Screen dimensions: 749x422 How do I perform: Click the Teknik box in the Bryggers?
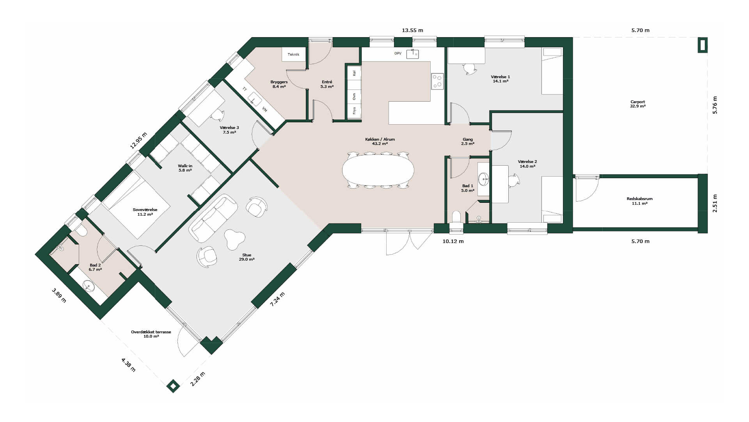pyautogui.click(x=293, y=54)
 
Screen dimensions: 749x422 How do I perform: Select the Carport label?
pyautogui.click(x=638, y=104)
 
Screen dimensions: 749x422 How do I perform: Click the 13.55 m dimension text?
pyautogui.click(x=412, y=30)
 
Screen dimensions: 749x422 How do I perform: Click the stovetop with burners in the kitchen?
pyautogui.click(x=437, y=81)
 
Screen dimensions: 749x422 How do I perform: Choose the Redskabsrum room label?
pyautogui.click(x=639, y=201)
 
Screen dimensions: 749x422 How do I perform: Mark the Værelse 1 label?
pyautogui.click(x=501, y=79)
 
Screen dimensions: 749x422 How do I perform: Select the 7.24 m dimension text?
pyautogui.click(x=277, y=299)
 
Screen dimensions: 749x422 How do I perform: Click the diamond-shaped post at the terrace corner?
pyautogui.click(x=173, y=386)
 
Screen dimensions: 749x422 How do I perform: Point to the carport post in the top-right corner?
pyautogui.click(x=703, y=45)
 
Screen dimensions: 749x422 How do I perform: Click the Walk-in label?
pyautogui.click(x=185, y=168)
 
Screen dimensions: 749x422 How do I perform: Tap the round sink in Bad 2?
pyautogui.click(x=89, y=286)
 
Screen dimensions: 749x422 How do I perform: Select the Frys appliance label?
pyautogui.click(x=354, y=111)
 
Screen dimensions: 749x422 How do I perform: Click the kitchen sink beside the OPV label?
pyautogui.click(x=412, y=54)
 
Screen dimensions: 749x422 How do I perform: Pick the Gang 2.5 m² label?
pyautogui.click(x=468, y=141)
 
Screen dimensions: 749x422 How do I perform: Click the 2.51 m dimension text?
pyautogui.click(x=715, y=204)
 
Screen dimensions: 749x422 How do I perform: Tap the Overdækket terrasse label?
pyautogui.click(x=151, y=334)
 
